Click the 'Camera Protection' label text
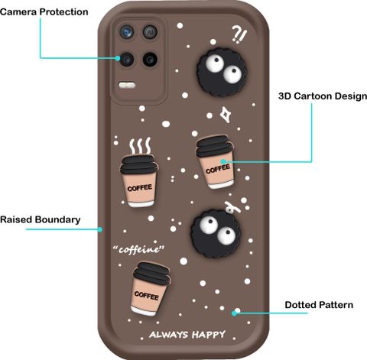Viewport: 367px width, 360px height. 44,12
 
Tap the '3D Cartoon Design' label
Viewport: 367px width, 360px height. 323,96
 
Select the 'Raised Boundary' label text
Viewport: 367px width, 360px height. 41,219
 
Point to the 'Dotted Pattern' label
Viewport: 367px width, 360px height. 319,305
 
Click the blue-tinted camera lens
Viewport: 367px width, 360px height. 127,32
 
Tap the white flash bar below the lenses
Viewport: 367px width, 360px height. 127,85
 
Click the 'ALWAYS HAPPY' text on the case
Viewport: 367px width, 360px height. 187,335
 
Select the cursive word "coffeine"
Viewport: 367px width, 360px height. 139,249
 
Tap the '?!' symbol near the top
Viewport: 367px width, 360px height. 239,35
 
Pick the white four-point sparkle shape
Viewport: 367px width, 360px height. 226,115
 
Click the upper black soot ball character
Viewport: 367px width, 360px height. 222,72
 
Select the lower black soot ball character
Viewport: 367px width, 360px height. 216,234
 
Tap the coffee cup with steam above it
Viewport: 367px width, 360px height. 139,180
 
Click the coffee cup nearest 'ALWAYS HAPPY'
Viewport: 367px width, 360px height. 151,289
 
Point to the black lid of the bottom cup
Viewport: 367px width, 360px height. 152,274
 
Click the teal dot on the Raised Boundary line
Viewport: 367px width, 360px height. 100,229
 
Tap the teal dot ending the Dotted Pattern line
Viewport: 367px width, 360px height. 234,313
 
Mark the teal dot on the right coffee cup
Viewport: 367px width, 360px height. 223,161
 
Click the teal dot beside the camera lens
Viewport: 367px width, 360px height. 118,58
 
